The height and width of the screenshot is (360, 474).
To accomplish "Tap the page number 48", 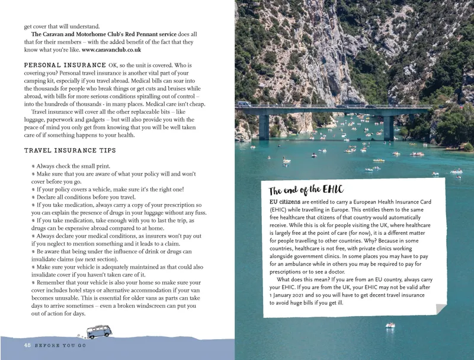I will [27, 345].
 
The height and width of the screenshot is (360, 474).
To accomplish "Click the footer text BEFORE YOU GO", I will [60, 345].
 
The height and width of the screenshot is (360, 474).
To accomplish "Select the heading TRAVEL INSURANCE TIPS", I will [70, 151].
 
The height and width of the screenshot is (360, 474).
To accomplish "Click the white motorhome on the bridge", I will [244, 104].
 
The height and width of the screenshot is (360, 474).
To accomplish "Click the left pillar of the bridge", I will [264, 127].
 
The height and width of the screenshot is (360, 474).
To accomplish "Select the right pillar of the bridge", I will [389, 127].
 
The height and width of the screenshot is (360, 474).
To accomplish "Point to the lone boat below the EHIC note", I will [390, 325].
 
